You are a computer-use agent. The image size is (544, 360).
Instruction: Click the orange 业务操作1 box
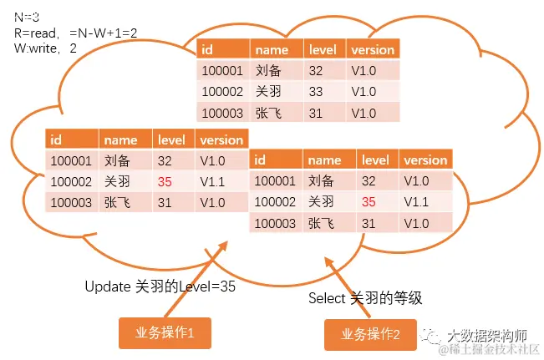164,332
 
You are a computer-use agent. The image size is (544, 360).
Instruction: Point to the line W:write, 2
45,48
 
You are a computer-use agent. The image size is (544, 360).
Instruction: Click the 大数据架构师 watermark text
487,333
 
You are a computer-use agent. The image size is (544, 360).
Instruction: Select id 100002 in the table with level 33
222,91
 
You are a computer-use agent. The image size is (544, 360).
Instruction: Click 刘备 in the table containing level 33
270,71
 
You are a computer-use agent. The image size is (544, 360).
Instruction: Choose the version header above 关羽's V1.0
370,50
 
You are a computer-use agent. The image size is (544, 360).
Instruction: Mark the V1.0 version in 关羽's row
364,91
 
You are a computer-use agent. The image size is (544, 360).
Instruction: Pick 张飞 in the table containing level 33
270,112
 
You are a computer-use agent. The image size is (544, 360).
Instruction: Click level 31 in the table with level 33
315,112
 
